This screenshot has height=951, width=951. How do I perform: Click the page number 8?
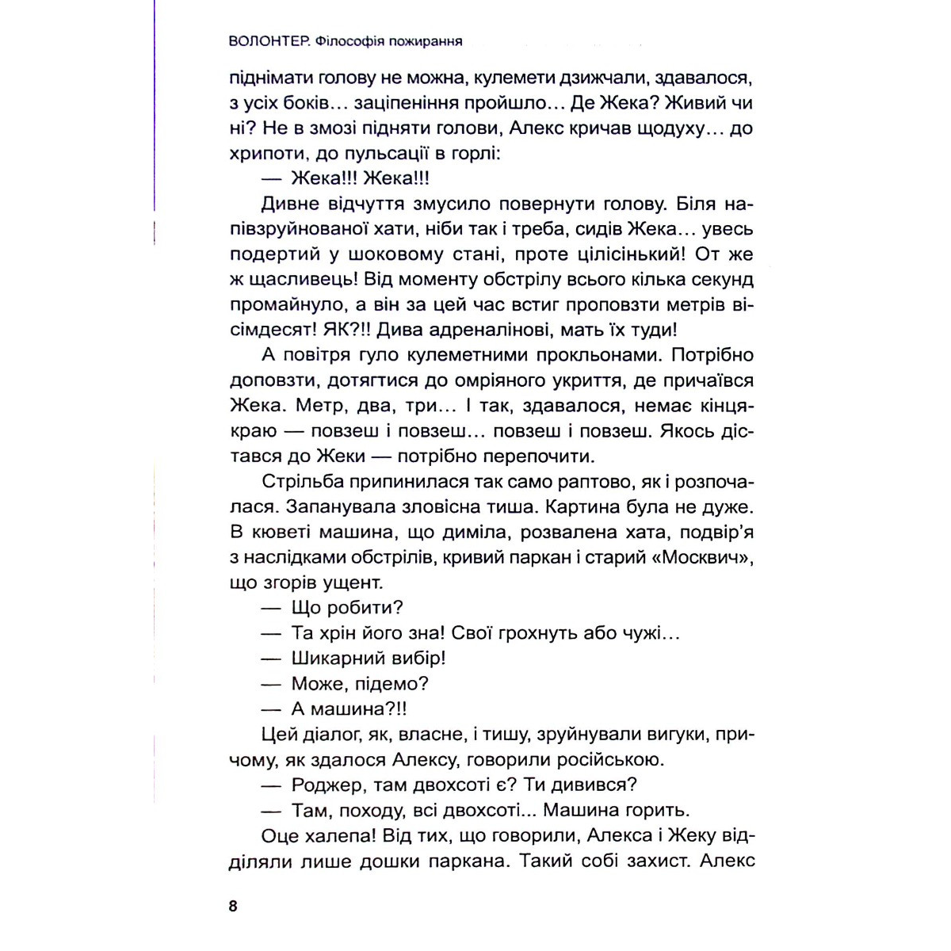232,907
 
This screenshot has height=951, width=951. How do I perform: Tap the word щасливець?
299,280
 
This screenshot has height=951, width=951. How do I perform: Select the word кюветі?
281,533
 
